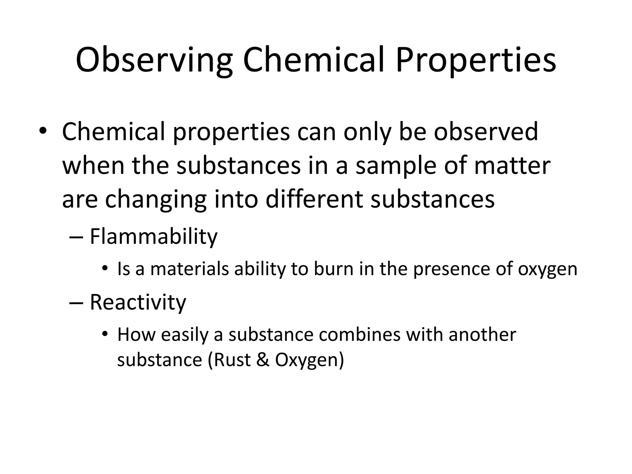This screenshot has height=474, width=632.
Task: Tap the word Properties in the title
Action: (476, 60)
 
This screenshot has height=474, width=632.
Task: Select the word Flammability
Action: (153, 237)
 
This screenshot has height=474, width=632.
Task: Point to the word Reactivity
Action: (138, 302)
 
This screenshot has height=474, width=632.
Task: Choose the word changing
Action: (156, 200)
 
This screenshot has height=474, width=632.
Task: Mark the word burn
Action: (334, 269)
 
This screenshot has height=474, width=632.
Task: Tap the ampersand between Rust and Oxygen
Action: (263, 360)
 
